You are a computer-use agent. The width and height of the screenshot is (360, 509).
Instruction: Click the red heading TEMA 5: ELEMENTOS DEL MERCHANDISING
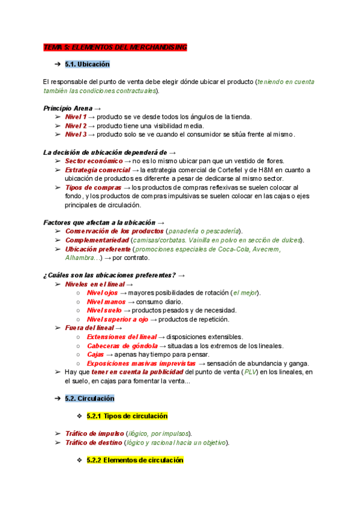115,47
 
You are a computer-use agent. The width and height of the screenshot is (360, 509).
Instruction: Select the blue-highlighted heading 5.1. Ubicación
87,64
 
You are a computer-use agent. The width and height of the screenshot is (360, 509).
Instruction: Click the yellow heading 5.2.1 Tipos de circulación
127,415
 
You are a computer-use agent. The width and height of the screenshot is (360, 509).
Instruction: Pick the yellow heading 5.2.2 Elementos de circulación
134,460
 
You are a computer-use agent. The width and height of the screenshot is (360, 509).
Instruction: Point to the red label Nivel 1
76,116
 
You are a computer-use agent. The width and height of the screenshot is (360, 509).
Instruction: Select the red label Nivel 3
76,134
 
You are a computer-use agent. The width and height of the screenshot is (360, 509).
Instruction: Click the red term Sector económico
92,161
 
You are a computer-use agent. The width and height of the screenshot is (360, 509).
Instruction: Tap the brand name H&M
272,170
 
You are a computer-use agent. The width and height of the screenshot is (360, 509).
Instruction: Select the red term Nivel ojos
103,292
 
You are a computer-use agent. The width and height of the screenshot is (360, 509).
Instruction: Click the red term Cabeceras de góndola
122,346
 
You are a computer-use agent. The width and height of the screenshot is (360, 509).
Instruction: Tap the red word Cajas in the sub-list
96,355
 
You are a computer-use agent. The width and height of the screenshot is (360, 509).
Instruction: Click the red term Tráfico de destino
93,442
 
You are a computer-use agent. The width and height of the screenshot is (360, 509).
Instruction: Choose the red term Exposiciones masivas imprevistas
141,363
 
